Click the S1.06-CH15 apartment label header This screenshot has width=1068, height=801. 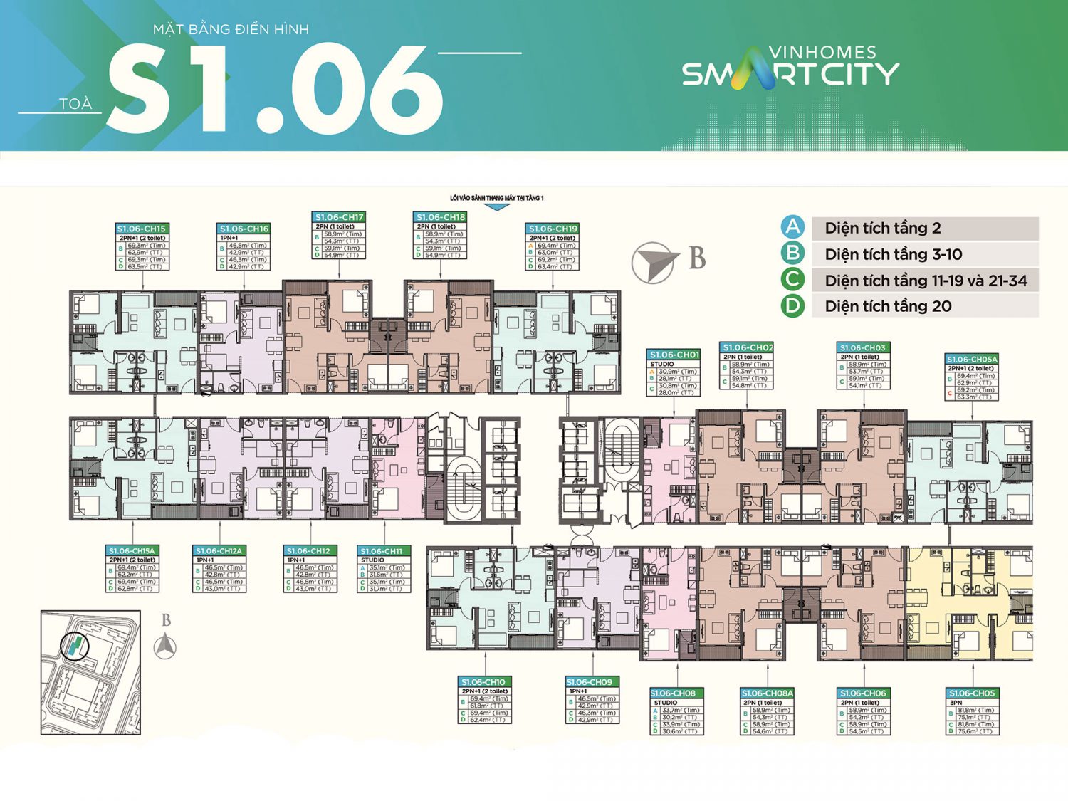click(x=142, y=229)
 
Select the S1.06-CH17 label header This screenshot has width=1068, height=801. click(x=339, y=216)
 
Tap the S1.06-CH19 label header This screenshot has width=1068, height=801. click(x=553, y=229)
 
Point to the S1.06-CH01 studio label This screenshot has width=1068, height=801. click(x=674, y=354)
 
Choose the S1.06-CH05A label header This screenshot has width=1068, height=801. click(x=971, y=359)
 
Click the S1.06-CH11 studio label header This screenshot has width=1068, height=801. click(x=382, y=550)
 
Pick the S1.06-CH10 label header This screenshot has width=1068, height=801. click(x=484, y=681)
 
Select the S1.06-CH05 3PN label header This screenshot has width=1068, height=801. click(x=972, y=693)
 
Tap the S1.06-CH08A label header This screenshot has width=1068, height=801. click(x=767, y=693)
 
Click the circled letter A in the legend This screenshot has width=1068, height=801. click(x=792, y=227)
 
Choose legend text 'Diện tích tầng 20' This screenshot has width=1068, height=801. click(x=888, y=306)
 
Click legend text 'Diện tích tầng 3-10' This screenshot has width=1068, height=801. click(x=893, y=254)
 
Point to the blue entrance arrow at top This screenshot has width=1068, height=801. click(x=496, y=207)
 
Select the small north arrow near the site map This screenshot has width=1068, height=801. click(x=165, y=646)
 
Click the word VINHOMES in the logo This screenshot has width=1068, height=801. click(x=822, y=52)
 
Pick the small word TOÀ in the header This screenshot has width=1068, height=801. click(x=75, y=104)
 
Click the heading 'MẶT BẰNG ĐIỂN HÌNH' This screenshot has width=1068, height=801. click(x=231, y=29)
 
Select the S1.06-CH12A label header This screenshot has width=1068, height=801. click(x=219, y=550)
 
